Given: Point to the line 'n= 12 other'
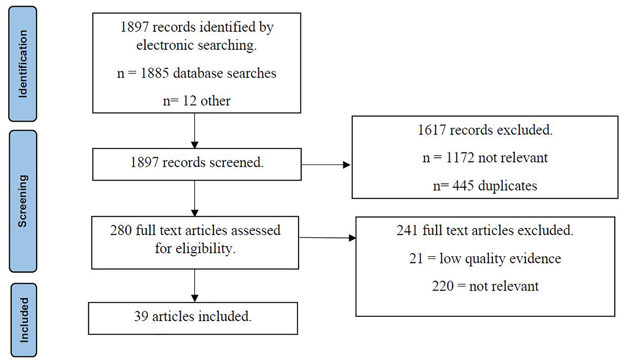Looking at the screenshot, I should [x=194, y=101].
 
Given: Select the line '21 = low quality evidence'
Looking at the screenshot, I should [x=485, y=258].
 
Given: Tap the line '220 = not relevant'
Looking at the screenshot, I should [x=485, y=286].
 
